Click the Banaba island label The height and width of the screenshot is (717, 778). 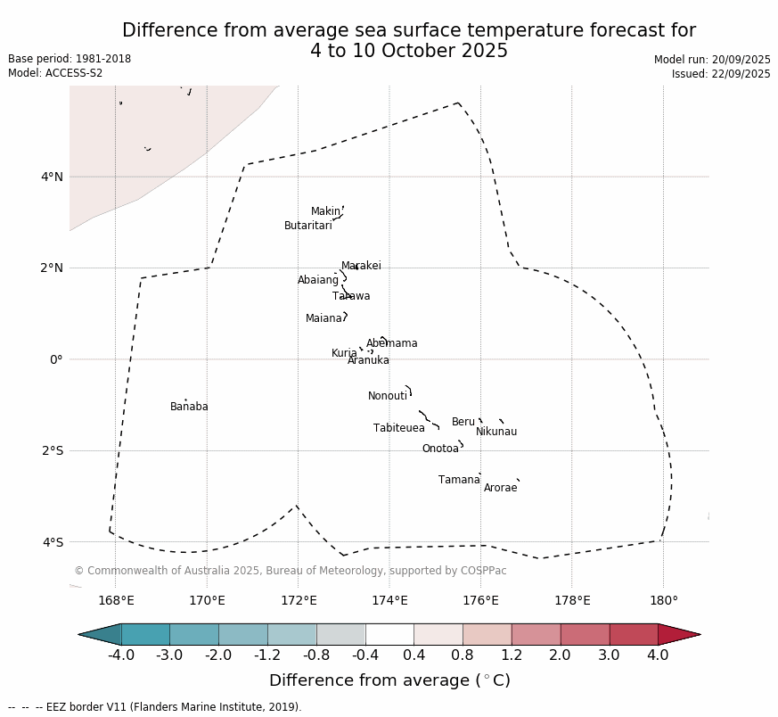[x=189, y=407]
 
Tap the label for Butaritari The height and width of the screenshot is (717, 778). [x=307, y=226]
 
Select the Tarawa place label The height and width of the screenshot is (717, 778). [x=351, y=296]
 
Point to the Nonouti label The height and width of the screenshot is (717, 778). [x=388, y=396]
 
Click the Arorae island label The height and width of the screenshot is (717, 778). [x=500, y=488]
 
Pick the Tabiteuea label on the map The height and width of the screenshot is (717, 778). [x=399, y=428]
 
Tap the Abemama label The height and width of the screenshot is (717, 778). [x=391, y=343]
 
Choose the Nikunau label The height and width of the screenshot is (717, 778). [x=496, y=432]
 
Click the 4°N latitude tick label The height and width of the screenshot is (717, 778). [x=52, y=177]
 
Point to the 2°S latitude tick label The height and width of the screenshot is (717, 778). [x=52, y=450]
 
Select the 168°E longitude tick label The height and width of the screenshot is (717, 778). [x=116, y=600]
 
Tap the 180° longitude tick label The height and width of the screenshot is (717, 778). [x=663, y=600]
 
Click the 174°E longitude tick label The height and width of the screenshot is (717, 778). [x=389, y=600]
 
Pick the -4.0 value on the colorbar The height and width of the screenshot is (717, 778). [x=121, y=655]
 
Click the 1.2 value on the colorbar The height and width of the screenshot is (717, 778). [x=512, y=655]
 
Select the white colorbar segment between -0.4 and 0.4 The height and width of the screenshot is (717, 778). [x=389, y=634]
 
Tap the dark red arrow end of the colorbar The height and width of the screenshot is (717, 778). [x=679, y=634]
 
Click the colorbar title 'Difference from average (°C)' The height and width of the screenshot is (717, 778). [x=389, y=680]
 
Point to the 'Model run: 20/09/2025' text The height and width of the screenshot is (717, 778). [x=712, y=60]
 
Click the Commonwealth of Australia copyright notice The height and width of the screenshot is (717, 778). [x=290, y=571]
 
